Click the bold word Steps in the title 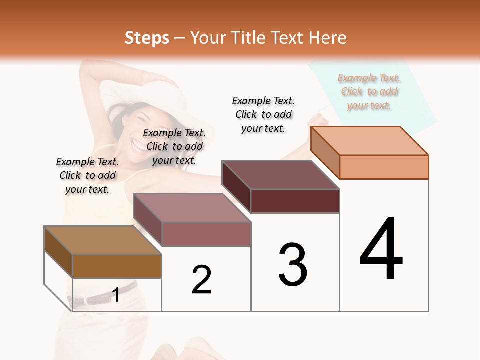pyautogui.click(x=146, y=38)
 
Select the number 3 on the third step pyautogui.click(x=293, y=265)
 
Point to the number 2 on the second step pyautogui.click(x=202, y=280)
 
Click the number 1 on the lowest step pyautogui.click(x=116, y=295)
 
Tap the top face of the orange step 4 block pyautogui.click(x=369, y=141)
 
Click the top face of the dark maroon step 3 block pyautogui.click(x=280, y=175)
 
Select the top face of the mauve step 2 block pyautogui.click(x=192, y=208)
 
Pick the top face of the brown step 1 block pyautogui.click(x=103, y=240)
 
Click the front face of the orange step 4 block pyautogui.click(x=384, y=167)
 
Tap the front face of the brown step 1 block pyautogui.click(x=117, y=266)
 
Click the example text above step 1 pyautogui.click(x=87, y=175)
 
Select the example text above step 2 pyautogui.click(x=174, y=146)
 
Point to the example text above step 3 pyautogui.click(x=263, y=114)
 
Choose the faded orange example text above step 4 pyautogui.click(x=369, y=91)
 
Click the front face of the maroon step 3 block pyautogui.click(x=295, y=201)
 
